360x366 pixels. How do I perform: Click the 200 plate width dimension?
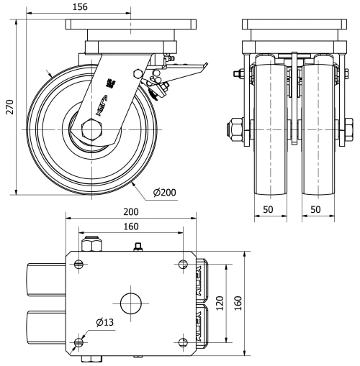130,213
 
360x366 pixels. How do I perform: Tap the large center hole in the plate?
130,303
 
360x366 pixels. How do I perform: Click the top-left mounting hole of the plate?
79,264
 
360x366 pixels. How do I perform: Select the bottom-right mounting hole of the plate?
181,341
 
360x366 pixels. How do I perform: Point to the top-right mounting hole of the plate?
181,264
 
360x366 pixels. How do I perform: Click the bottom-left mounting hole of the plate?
79,341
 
